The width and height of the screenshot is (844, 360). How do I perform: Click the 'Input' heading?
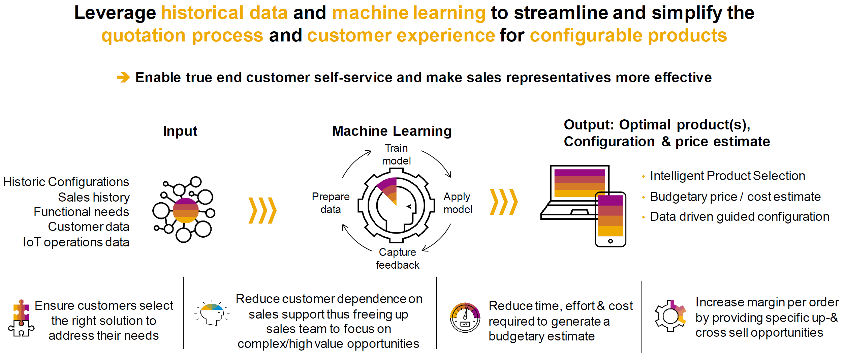coord(180,131)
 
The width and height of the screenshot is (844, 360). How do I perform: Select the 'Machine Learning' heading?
coord(392,131)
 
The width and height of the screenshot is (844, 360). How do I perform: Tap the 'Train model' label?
coord(396,154)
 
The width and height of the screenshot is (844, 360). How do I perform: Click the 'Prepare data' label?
coord(331,203)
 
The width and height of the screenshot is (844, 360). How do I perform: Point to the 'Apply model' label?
coord(458,203)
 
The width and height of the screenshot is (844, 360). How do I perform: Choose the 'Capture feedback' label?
coord(398,259)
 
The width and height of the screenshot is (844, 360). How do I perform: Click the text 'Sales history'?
coord(94,197)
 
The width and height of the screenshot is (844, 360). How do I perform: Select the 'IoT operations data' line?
coord(76,242)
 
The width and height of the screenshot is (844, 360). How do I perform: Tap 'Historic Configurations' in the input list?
coord(66,182)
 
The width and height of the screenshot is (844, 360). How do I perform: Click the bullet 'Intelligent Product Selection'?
coord(727,176)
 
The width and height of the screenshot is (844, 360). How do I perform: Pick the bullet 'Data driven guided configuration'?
coord(740,216)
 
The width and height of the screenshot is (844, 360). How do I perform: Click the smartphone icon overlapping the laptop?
coord(610,219)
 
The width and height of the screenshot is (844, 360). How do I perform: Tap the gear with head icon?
coord(396,206)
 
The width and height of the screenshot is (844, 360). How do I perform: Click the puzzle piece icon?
coord(21,318)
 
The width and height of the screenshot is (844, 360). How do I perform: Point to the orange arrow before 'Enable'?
coord(123,77)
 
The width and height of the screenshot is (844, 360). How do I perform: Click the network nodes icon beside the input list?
coord(184,209)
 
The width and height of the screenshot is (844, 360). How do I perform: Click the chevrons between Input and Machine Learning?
coord(262,211)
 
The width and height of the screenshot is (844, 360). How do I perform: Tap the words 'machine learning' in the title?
coord(409,13)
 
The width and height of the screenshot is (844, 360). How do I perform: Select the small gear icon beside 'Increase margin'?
coord(670,316)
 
